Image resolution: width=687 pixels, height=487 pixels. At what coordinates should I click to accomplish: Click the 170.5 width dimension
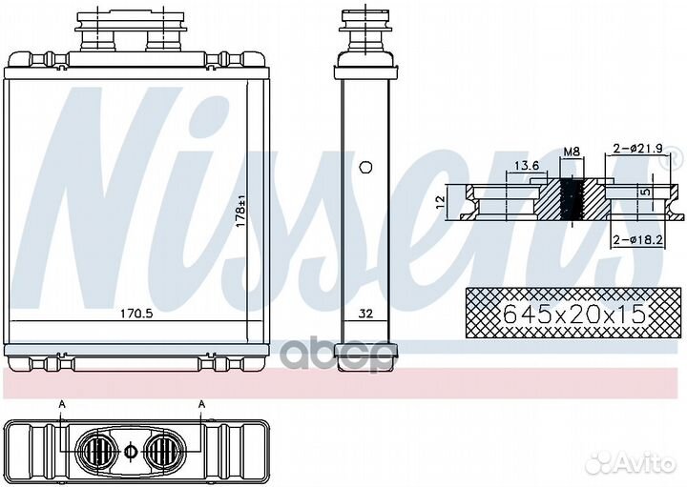coord(136,314)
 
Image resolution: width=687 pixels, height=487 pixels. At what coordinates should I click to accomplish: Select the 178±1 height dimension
coord(240,212)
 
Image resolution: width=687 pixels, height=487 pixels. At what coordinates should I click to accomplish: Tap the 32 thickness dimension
coord(365,314)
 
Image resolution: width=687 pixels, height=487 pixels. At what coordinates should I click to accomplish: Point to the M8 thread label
coord(572,152)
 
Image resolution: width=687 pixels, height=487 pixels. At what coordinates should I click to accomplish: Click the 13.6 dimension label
coord(526,166)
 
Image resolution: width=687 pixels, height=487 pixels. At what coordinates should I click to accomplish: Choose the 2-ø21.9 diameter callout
coord(638,149)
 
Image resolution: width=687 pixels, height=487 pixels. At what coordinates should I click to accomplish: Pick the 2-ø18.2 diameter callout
coord(637,240)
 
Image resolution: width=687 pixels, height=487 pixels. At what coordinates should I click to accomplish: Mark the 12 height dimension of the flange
coord(441,201)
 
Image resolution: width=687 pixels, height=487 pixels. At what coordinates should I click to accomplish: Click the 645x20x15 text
coord(574,314)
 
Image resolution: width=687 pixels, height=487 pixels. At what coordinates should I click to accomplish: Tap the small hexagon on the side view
coord(365,167)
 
